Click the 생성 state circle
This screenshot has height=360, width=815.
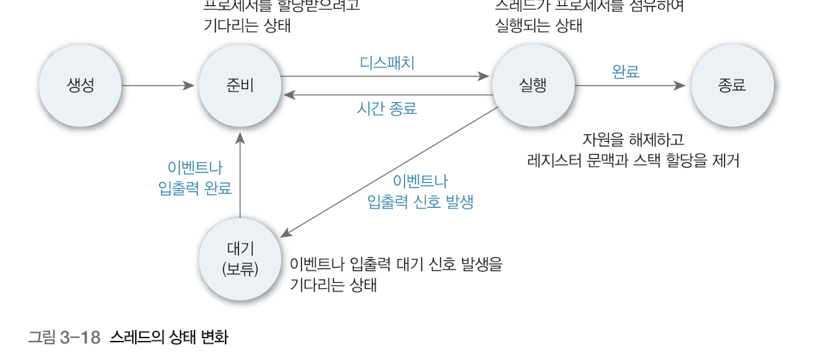[80, 86]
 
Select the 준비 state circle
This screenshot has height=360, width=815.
[240, 86]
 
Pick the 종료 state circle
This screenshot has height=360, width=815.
[732, 86]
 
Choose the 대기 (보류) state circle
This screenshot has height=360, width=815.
[240, 258]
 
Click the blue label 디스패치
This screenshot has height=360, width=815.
[387, 63]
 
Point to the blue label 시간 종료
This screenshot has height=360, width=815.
[387, 108]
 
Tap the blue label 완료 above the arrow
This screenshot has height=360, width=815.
[626, 72]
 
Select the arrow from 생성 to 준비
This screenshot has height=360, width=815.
[158, 86]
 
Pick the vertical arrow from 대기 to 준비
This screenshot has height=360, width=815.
[240, 175]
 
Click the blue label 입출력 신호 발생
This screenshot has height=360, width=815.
[420, 202]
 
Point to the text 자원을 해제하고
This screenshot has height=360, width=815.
[633, 140]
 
